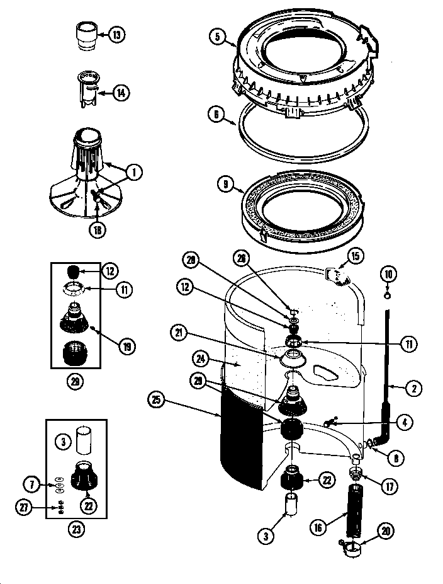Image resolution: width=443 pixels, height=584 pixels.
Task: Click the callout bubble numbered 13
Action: coord(116,35)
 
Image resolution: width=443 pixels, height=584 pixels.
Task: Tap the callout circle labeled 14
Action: coord(121,93)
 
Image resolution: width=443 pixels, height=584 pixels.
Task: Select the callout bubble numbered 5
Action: coord(217,37)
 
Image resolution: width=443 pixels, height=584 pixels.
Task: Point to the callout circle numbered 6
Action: coord(216,114)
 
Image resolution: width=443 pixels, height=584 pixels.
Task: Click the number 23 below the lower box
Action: coord(77,530)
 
